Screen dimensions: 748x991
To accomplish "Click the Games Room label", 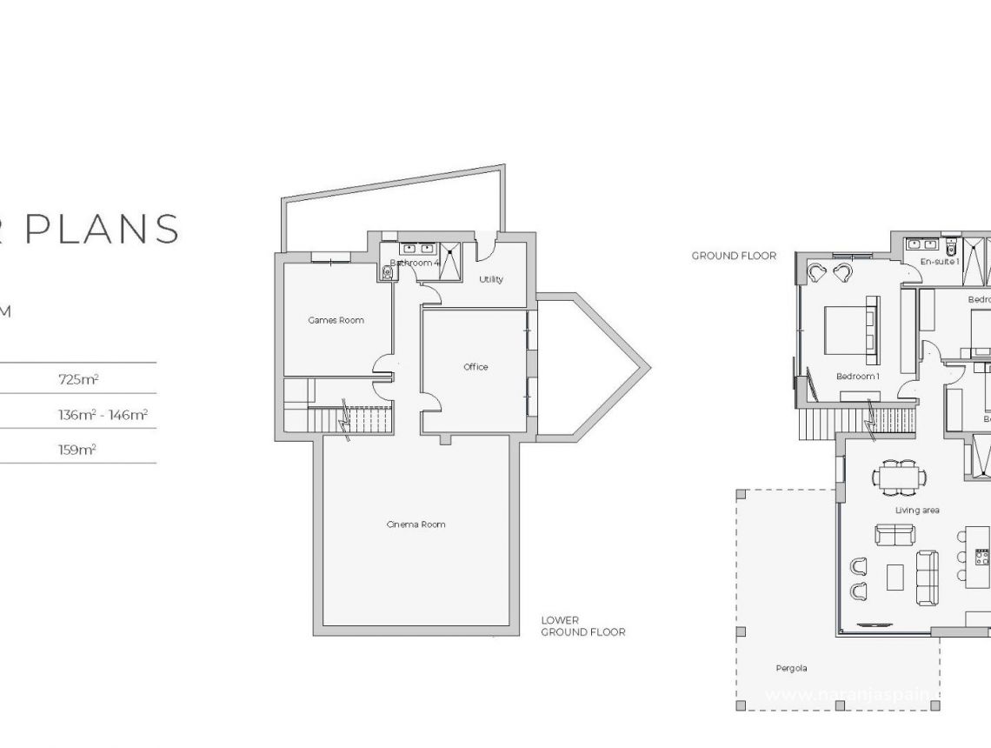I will point(336,320).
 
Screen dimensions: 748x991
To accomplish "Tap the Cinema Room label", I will point(416,524).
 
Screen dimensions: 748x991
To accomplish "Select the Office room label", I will point(476,367).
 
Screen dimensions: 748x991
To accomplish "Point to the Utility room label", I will point(491,279).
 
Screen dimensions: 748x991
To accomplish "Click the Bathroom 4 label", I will point(415,262).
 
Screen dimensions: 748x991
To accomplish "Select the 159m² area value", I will point(77,450).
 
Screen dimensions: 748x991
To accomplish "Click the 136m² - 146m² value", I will point(103,415).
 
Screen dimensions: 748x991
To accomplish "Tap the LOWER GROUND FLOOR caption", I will point(582,626).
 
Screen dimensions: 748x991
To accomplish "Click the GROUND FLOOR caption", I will point(734,256).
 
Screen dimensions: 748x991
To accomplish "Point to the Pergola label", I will point(791,668).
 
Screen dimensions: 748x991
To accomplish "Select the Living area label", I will point(917,511).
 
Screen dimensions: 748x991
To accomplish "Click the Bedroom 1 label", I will point(858,377).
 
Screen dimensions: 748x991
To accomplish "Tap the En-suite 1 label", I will point(940,261).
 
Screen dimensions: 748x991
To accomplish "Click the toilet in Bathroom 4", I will point(388,272).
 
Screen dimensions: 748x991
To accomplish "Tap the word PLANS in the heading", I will point(101,228).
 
